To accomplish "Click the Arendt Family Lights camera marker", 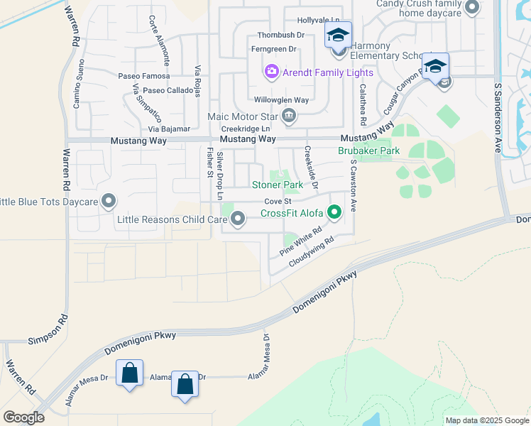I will click(270, 72).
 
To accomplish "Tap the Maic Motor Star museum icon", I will click(288, 116).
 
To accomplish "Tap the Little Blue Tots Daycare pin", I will click(108, 202).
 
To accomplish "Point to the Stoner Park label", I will click(278, 185).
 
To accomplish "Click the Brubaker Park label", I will click(368, 151).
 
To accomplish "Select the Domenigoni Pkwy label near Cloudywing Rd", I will click(324, 291).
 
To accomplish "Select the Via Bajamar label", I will click(169, 129).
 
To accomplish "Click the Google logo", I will click(23, 417).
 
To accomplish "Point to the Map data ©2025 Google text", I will click(486, 420).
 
